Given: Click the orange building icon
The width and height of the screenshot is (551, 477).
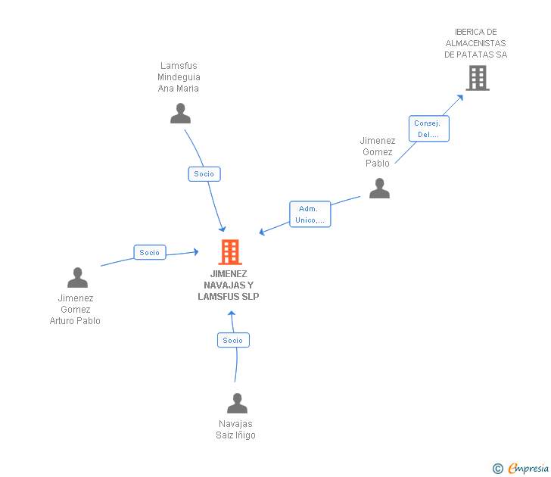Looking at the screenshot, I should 229,251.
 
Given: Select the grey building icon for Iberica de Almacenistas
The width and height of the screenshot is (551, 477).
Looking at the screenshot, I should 477,78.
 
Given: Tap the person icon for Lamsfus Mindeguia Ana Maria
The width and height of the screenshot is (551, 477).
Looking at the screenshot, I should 180,113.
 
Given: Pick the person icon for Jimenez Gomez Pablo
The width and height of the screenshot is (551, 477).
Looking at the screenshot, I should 379,188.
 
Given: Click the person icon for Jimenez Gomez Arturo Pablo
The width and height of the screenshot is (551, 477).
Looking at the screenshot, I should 77,278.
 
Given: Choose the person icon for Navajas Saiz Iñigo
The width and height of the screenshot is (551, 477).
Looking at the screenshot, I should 237,403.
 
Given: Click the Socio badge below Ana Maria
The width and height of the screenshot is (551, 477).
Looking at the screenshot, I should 204,173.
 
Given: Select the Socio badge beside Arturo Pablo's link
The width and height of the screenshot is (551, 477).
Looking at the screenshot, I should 149,253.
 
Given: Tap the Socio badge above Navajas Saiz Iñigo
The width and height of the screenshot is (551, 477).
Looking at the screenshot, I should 233,340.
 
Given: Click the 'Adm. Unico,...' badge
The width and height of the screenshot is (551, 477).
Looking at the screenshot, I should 310,214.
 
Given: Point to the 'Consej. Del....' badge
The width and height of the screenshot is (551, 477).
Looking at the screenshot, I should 428,129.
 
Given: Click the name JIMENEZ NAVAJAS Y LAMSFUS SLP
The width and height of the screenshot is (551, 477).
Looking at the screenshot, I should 229,285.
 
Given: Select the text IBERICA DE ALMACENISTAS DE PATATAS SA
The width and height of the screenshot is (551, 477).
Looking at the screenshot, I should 475,43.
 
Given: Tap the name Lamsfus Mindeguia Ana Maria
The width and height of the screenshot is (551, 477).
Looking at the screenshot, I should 179,77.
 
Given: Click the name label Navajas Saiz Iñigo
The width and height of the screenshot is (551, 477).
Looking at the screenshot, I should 235,429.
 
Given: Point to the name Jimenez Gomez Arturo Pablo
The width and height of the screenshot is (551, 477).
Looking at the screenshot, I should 75,309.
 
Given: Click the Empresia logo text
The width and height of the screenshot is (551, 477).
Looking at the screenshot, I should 528,468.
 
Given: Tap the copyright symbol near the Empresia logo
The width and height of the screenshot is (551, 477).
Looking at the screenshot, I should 497,469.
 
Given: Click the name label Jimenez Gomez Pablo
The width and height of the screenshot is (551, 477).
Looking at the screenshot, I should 378,151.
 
